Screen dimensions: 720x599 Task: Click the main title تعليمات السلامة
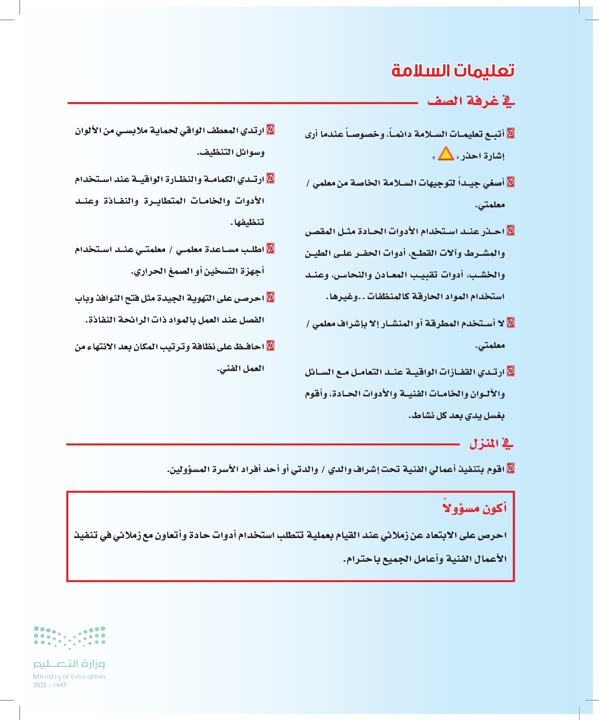click(452, 70)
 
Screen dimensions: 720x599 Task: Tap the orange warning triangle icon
click(446, 153)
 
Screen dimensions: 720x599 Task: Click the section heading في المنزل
click(491, 444)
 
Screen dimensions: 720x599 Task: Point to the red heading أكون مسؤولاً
click(475, 508)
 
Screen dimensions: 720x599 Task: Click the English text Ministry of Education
click(69, 676)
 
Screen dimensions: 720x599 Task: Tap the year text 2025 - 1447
click(50, 685)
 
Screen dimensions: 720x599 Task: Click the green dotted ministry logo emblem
click(69, 637)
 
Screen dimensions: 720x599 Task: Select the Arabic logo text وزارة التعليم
click(69, 664)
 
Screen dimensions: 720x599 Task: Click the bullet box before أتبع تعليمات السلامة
click(510, 133)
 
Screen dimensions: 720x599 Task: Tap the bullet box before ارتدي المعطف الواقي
click(270, 129)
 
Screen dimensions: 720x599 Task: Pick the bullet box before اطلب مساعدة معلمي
click(270, 249)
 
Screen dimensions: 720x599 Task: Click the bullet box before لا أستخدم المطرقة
click(510, 323)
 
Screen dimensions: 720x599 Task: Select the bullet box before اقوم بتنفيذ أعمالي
click(510, 468)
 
